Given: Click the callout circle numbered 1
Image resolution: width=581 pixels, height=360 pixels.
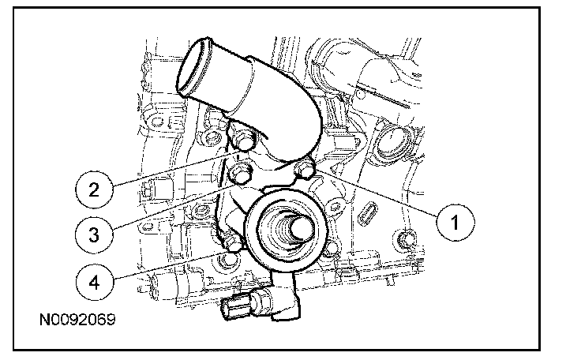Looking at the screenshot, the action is pyautogui.click(x=455, y=222).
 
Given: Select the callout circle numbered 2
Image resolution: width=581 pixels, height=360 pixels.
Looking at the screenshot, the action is pyautogui.click(x=94, y=189).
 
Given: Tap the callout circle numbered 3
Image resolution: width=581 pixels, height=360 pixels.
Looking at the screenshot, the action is pyautogui.click(x=94, y=234).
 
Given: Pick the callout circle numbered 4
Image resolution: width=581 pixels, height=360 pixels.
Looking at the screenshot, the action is pyautogui.click(x=94, y=283).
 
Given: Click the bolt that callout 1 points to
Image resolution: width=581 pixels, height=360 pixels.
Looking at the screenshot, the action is pyautogui.click(x=304, y=169).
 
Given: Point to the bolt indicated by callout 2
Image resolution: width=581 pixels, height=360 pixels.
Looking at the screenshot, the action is pyautogui.click(x=242, y=140).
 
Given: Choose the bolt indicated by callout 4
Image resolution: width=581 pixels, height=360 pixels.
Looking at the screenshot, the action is pyautogui.click(x=231, y=244).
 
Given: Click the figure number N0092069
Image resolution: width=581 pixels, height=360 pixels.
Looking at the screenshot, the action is pyautogui.click(x=77, y=319).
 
